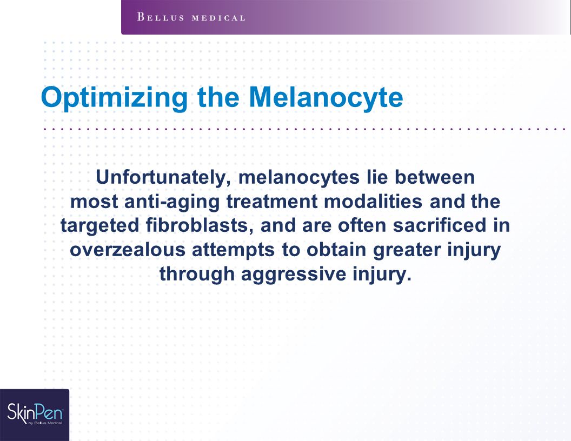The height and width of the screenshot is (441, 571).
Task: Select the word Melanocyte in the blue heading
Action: (x=326, y=97)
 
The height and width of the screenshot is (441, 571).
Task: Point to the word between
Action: (x=435, y=177)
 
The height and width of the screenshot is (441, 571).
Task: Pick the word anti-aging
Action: (x=172, y=202)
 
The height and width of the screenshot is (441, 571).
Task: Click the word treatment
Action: (x=272, y=202)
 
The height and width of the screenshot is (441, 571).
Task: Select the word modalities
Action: (x=373, y=201)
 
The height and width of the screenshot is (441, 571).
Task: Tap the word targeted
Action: (x=100, y=226)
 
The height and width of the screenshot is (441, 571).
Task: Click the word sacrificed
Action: (x=440, y=225)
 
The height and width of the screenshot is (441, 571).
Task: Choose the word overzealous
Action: (x=128, y=250)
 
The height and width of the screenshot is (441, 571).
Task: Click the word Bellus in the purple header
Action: (x=161, y=17)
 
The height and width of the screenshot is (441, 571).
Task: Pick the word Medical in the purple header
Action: (x=218, y=18)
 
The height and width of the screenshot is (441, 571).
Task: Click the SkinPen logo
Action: (x=35, y=413)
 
